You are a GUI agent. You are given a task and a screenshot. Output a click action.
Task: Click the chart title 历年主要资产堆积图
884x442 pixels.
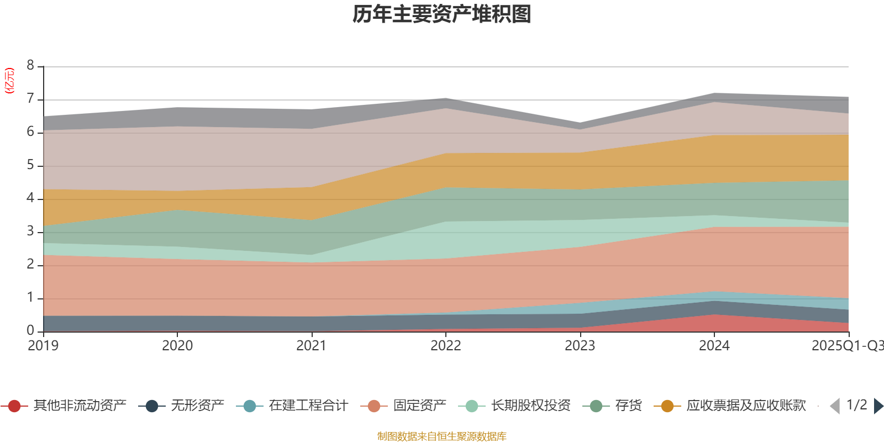(442, 14)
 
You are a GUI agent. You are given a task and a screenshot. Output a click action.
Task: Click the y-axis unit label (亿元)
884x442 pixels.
(9, 81)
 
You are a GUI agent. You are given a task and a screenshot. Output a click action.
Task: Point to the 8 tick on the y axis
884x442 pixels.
(30, 66)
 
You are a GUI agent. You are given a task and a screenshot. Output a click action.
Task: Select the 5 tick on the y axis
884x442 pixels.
(30, 165)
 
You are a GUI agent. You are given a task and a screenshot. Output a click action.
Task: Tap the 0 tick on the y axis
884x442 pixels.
(30, 330)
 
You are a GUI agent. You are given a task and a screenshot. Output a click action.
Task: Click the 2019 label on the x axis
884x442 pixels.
(43, 346)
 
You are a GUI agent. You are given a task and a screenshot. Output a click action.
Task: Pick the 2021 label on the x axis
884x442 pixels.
(312, 346)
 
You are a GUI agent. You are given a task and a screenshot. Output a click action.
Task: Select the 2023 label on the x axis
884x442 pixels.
(580, 346)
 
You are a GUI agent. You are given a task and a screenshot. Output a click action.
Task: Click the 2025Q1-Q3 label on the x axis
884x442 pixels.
(846, 346)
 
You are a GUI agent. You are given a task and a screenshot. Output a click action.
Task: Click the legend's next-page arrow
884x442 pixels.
(878, 406)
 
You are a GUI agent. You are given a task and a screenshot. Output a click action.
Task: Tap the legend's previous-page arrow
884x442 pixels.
(835, 406)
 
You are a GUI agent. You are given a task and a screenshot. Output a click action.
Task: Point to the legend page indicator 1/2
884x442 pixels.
(856, 405)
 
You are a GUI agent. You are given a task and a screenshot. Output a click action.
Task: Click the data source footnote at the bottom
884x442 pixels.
(442, 436)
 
